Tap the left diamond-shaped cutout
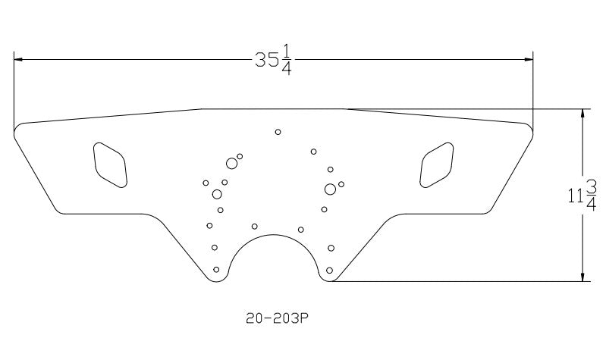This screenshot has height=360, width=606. [109, 164]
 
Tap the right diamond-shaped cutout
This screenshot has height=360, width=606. [438, 164]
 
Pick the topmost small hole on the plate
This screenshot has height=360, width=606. [278, 132]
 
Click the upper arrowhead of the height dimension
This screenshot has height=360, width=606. [582, 113]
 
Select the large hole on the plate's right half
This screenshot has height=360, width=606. [330, 189]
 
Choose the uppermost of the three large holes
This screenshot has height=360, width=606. [231, 163]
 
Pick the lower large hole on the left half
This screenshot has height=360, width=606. [217, 194]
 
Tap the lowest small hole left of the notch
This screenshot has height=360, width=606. [217, 269]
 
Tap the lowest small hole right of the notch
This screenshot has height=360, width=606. [329, 269]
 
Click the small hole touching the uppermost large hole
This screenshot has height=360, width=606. [240, 157]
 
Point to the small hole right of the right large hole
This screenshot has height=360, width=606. [341, 183]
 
